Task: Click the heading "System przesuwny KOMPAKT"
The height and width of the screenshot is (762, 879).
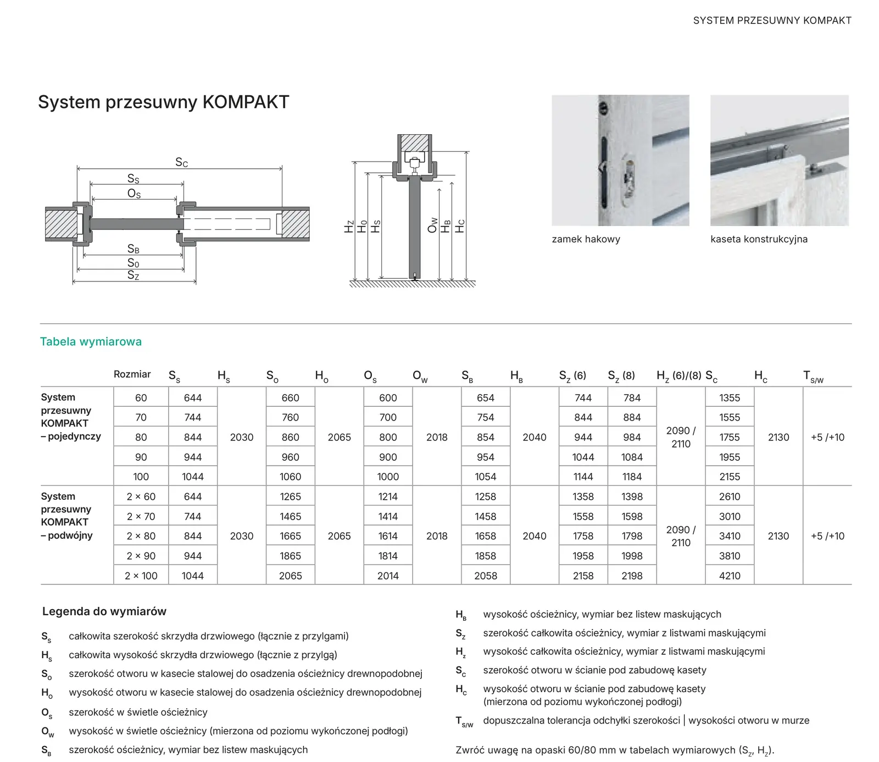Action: pos(163,102)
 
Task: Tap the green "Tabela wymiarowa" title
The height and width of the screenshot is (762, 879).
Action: pos(91,341)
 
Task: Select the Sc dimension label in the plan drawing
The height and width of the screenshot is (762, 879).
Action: pos(181,162)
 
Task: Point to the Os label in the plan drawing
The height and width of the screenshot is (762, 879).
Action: pos(134,194)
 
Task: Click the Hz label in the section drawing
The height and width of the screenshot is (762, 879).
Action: pos(349,227)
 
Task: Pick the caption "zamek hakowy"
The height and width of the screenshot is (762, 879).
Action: pos(586,239)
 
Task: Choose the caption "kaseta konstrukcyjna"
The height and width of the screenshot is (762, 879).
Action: pos(759,239)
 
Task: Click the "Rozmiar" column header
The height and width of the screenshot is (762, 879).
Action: pos(132,374)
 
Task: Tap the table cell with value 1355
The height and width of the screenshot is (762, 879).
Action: pos(730,397)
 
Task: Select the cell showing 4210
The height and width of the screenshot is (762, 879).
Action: pos(730,576)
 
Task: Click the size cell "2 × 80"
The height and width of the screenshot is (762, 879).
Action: pos(141,536)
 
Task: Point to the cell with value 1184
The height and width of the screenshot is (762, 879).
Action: pos(632,477)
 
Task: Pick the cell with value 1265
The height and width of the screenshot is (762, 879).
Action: pos(290,496)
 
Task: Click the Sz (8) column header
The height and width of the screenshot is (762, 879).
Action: pos(621,376)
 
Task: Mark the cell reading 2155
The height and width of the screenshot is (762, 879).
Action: pos(730,477)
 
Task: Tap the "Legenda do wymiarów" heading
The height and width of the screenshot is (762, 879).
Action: pos(104,611)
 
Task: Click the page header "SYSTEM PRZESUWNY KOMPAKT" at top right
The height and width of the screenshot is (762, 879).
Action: pos(772,20)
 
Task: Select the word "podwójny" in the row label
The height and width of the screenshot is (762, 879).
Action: pos(70,535)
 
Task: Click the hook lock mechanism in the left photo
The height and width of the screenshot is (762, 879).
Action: pos(630,179)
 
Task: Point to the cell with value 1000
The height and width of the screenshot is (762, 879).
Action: pos(388,477)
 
